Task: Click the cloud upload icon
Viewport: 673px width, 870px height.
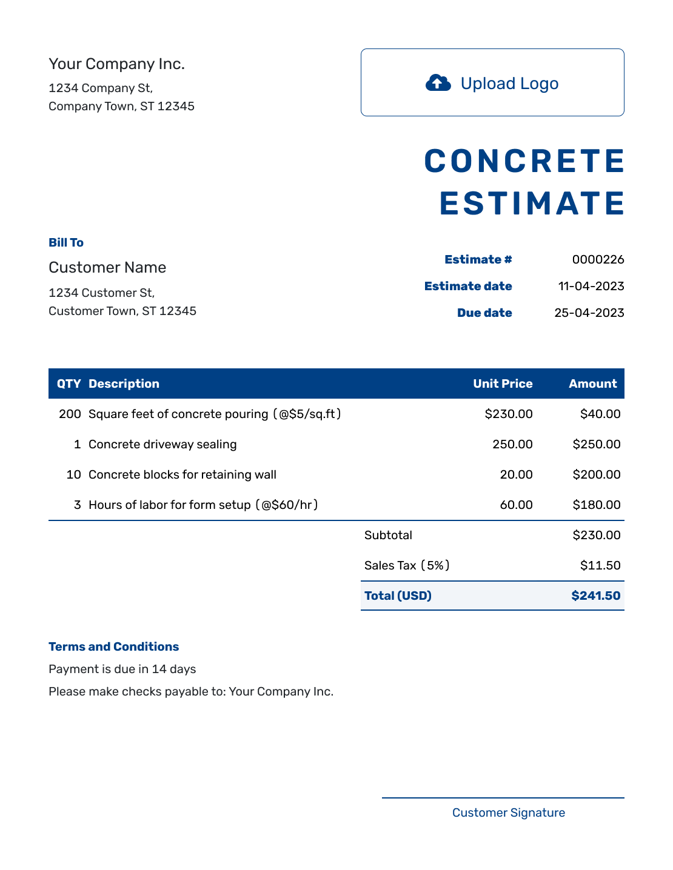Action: point(438,83)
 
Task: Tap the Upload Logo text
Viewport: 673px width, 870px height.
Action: point(509,84)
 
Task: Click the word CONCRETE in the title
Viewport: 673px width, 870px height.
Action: point(524,162)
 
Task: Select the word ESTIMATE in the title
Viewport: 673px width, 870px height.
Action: point(532,204)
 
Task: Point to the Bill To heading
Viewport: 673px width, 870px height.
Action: point(66,243)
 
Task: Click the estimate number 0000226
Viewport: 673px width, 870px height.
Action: point(598,260)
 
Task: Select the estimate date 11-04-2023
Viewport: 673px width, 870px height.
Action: point(591,287)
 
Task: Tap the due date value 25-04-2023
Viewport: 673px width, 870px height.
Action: point(589,313)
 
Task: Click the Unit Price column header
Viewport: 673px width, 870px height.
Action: point(503,384)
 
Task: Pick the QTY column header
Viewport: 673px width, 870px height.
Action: point(69,384)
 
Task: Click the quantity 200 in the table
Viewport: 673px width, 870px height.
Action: point(70,414)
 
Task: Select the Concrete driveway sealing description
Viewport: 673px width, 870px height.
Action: point(162,445)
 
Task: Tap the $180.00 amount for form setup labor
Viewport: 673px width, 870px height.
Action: point(597,505)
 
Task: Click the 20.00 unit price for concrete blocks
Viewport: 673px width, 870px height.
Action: point(516,475)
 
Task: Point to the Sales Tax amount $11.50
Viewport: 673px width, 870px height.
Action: point(600,566)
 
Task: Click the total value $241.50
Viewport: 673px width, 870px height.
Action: point(595,596)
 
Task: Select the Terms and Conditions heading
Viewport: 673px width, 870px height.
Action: point(114,647)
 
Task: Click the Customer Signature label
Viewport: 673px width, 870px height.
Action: point(509,813)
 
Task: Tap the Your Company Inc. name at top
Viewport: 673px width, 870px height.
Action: point(116,64)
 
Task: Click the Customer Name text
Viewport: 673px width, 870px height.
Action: point(107,268)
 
